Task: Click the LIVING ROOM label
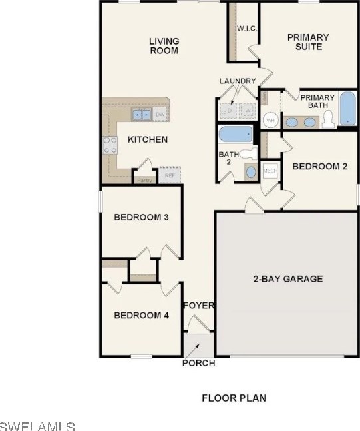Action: click(x=164, y=46)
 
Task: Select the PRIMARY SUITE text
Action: click(x=307, y=42)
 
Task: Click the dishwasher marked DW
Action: click(x=160, y=115)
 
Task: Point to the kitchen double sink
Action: click(x=141, y=115)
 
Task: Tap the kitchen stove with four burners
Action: click(x=109, y=145)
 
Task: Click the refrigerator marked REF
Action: click(x=170, y=175)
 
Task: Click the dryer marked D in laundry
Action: click(x=228, y=110)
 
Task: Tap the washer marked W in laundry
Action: click(x=246, y=110)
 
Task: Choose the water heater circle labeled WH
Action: click(x=271, y=120)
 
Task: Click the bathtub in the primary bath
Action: click(x=347, y=109)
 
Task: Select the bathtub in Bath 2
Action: click(x=235, y=134)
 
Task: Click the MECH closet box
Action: click(x=270, y=170)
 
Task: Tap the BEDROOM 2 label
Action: click(x=319, y=167)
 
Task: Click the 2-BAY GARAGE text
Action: click(x=287, y=278)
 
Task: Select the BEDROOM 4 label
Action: click(x=141, y=315)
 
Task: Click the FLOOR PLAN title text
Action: click(x=234, y=398)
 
